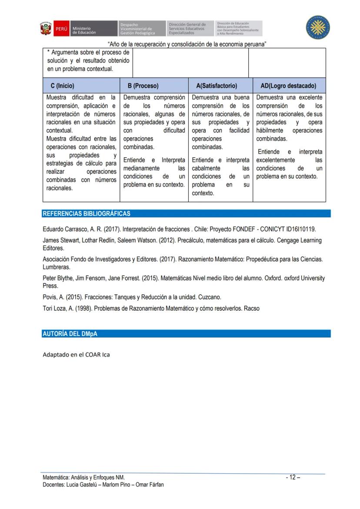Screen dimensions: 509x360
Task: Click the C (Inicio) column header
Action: (x=63, y=86)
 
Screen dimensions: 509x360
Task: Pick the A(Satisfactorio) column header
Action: (x=217, y=86)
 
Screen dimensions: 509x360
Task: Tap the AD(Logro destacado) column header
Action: (x=288, y=86)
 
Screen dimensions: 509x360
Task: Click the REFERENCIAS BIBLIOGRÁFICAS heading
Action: (x=86, y=214)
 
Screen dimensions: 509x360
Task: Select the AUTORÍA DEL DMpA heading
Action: (x=70, y=334)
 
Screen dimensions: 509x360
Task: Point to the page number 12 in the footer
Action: (x=293, y=477)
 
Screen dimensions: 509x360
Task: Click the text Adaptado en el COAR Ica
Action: (x=76, y=355)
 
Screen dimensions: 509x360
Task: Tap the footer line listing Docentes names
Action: (x=103, y=485)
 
